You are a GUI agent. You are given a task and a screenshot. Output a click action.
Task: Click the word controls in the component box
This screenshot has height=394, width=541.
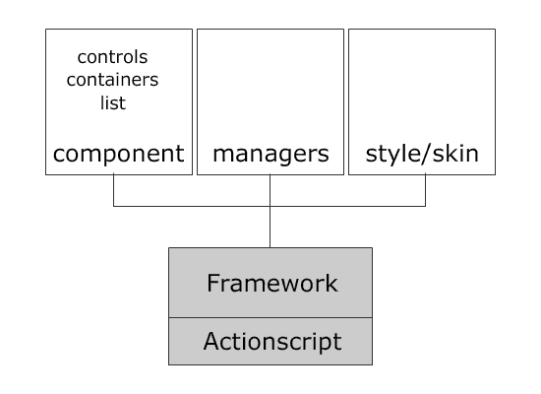pyautogui.click(x=112, y=57)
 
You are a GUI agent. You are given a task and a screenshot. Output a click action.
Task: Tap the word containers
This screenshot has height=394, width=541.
pyautogui.click(x=112, y=80)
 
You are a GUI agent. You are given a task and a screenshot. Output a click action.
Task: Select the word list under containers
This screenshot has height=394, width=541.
pyautogui.click(x=113, y=103)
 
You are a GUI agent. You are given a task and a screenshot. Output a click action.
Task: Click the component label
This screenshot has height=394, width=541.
pyautogui.click(x=119, y=154)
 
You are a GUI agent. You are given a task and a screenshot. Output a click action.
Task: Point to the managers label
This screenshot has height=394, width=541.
pyautogui.click(x=270, y=154)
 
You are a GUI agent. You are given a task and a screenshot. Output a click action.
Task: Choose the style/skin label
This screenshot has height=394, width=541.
pyautogui.click(x=422, y=153)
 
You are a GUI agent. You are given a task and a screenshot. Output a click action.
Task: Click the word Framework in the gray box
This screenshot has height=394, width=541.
pyautogui.click(x=272, y=283)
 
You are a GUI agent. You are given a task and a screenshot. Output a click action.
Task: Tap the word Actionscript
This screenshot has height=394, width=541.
pyautogui.click(x=272, y=342)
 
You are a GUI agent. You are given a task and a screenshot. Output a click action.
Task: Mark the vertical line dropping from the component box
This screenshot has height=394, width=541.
pyautogui.click(x=113, y=190)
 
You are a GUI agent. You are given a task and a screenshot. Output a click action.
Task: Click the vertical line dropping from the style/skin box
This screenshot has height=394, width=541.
pyautogui.click(x=425, y=190)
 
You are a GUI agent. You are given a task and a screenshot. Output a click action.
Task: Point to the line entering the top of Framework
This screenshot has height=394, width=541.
pyautogui.click(x=270, y=228)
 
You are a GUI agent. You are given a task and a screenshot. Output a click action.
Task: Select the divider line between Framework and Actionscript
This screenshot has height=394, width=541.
pyautogui.click(x=270, y=317)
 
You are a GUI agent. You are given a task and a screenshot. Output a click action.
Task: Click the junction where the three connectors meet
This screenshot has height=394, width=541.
pyautogui.click(x=270, y=206)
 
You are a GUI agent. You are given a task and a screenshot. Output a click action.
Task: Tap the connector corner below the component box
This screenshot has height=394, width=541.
pyautogui.click(x=113, y=206)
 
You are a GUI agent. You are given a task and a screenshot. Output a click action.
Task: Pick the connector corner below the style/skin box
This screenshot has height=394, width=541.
pyautogui.click(x=425, y=206)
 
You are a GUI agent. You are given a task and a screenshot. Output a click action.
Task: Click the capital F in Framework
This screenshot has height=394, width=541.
pyautogui.click(x=213, y=283)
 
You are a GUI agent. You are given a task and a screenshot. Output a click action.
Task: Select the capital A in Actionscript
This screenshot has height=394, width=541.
pyautogui.click(x=211, y=341)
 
